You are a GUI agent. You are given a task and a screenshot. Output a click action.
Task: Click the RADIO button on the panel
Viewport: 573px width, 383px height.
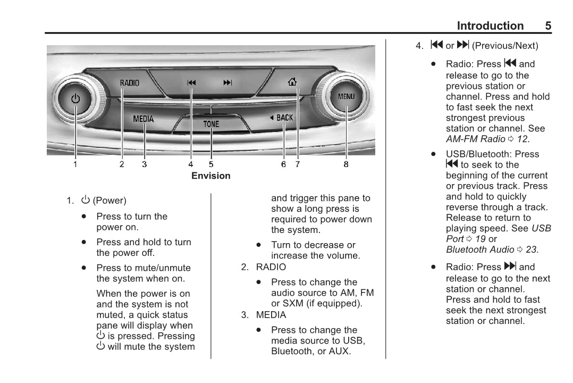[x=129, y=83]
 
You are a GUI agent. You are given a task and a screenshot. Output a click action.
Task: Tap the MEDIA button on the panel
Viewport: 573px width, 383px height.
[x=143, y=119]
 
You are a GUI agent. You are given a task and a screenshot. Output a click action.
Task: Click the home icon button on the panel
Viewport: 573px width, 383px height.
[x=292, y=82]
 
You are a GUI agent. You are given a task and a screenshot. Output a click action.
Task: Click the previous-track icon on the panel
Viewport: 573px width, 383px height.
[x=192, y=82]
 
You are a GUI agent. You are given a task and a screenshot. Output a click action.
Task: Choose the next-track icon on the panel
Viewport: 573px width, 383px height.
[x=227, y=82]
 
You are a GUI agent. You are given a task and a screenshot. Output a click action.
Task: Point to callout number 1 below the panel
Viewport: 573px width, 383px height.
[x=75, y=165]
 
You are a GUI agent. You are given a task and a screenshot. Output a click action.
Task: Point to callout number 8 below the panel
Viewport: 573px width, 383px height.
[x=346, y=165]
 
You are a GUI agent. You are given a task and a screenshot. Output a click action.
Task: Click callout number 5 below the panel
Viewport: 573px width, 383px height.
[x=211, y=165]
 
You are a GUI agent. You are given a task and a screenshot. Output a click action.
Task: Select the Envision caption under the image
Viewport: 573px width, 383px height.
[x=211, y=176]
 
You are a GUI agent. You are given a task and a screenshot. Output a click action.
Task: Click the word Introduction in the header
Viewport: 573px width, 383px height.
[x=490, y=26]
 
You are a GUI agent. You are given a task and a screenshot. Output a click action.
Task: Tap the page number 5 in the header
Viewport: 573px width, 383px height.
[x=548, y=26]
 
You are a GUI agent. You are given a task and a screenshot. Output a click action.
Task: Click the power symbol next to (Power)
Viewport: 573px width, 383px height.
[x=85, y=201]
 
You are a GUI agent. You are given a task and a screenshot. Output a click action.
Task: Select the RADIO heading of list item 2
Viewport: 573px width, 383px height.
[x=271, y=267]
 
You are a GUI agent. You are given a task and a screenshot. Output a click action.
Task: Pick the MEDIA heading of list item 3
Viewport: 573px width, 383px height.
[x=271, y=315]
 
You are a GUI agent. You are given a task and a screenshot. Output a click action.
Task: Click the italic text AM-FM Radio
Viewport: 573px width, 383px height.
[x=475, y=139]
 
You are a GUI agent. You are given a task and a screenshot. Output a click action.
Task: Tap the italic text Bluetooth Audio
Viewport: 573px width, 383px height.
[x=480, y=249]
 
